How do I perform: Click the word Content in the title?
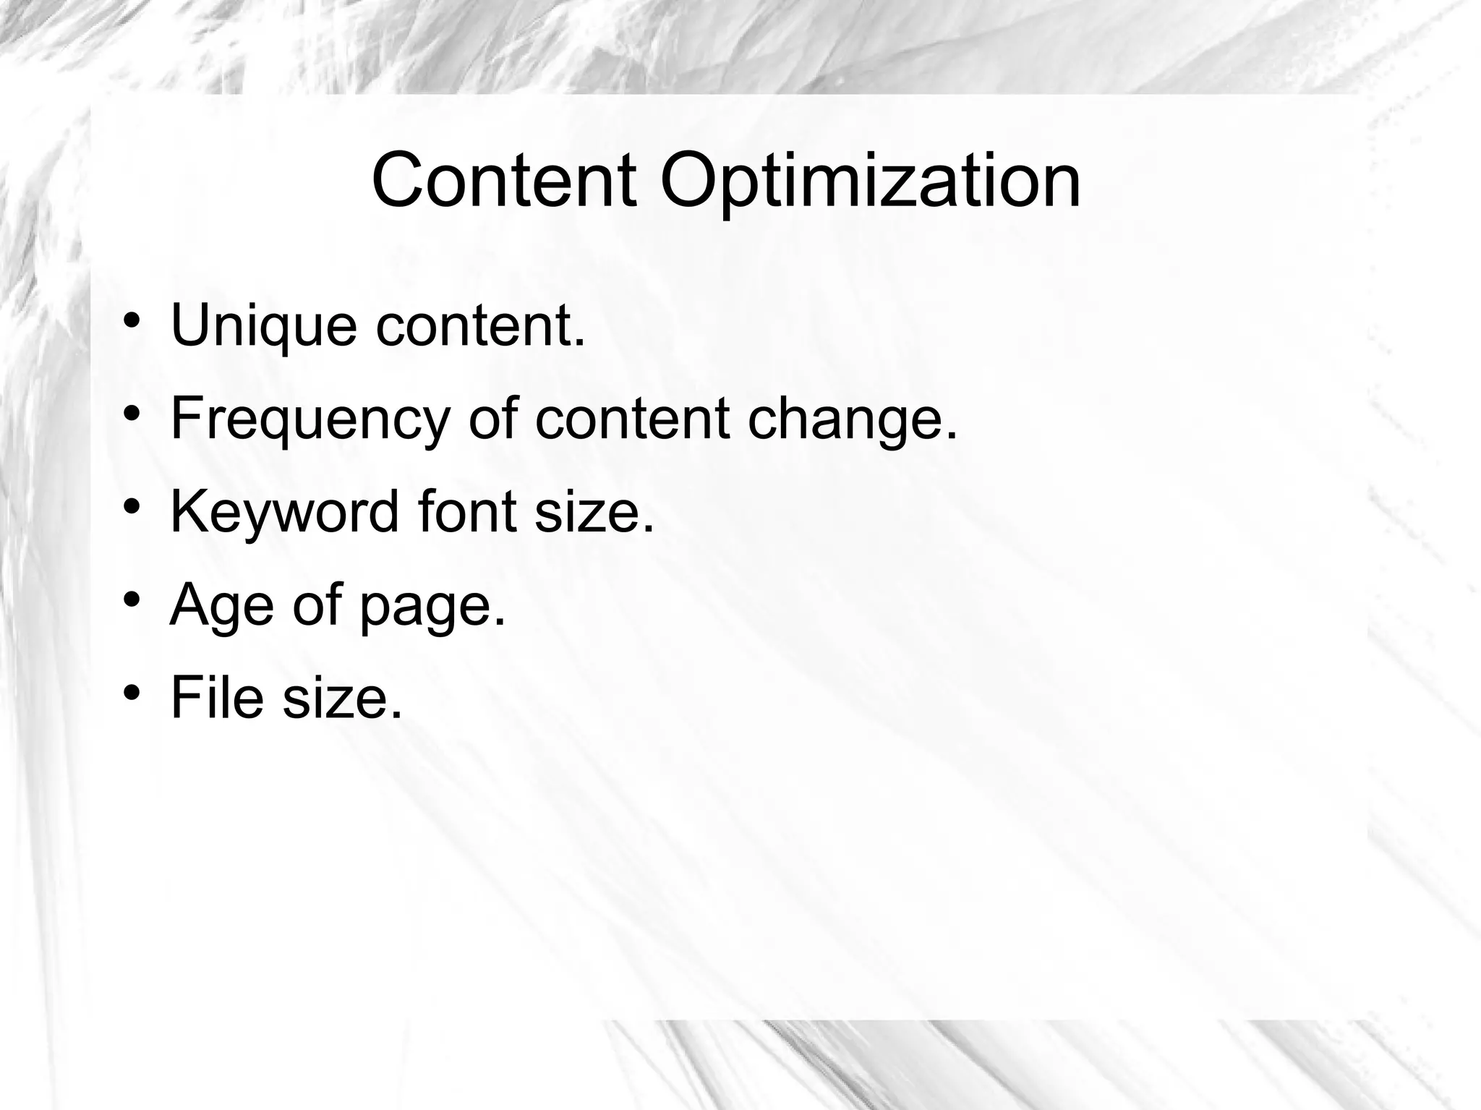504,180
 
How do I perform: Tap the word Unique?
263,327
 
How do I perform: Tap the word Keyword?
284,513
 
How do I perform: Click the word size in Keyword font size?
594,511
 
